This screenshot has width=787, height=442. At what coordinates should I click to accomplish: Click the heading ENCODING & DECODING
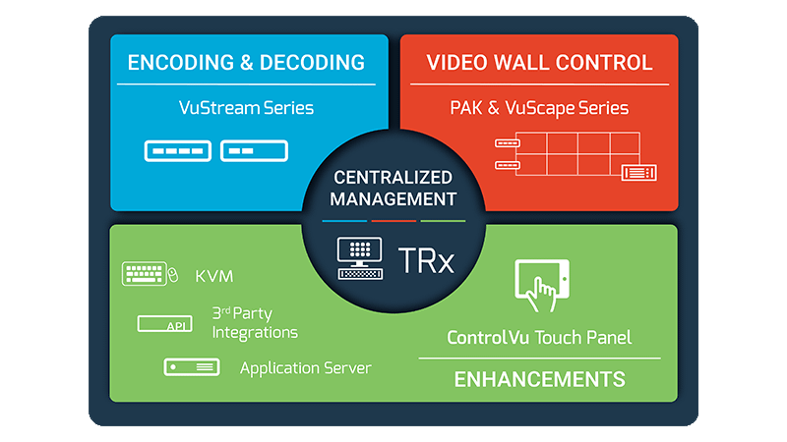point(246,64)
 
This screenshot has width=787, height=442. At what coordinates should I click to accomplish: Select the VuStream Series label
point(246,108)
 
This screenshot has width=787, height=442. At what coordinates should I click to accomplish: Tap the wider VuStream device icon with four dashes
point(177,151)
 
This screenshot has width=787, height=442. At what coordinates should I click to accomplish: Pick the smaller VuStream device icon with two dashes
point(255,151)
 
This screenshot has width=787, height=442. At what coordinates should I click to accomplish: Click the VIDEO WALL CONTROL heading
point(539,64)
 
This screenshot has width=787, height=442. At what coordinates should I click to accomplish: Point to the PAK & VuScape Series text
point(539,108)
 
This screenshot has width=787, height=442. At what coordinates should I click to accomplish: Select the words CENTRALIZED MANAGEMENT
point(393,189)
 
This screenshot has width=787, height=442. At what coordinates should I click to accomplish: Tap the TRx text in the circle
point(425,259)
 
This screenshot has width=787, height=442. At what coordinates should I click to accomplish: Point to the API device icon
point(164,324)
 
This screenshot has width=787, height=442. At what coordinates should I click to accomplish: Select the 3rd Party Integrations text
point(254,322)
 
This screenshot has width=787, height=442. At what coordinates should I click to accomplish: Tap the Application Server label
point(306,368)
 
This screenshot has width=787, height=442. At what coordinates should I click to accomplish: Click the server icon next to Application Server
point(191,367)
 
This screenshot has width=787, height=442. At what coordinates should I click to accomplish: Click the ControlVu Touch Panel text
point(539,338)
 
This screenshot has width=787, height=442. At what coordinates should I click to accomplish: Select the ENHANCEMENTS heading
point(539,378)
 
